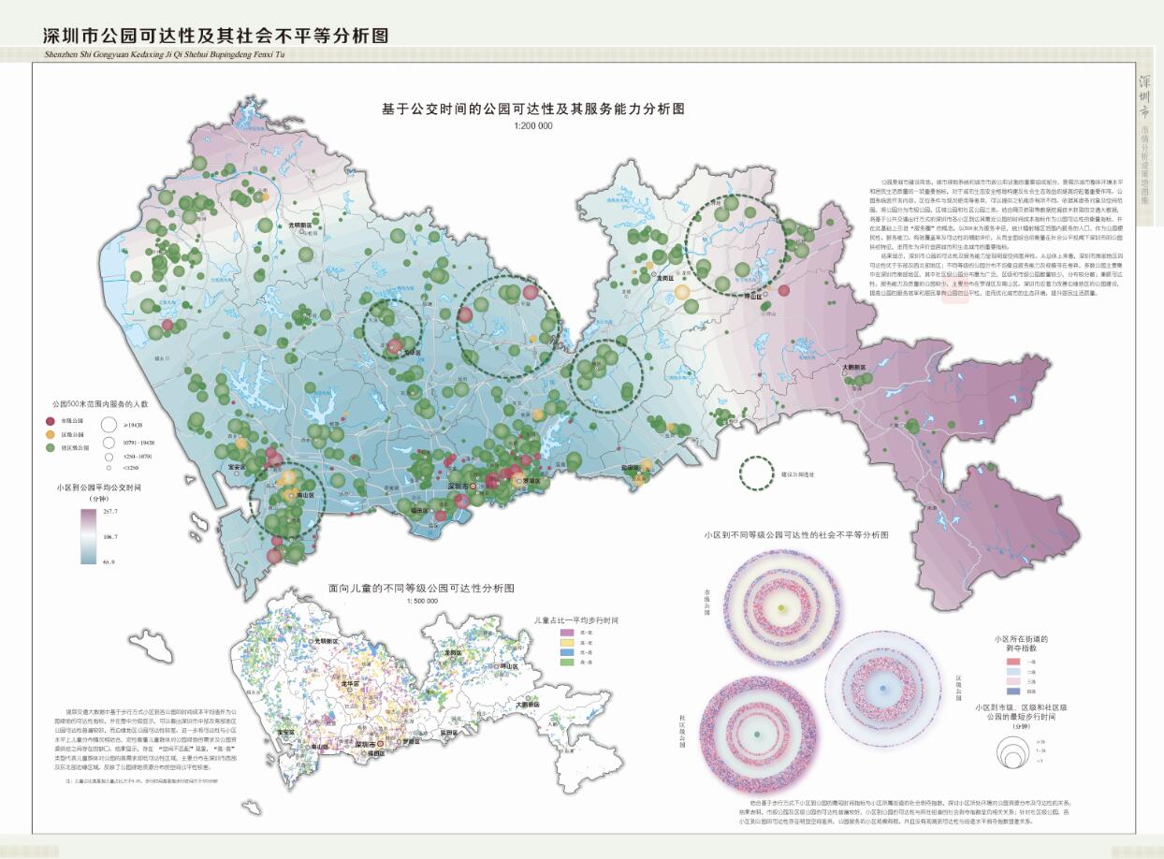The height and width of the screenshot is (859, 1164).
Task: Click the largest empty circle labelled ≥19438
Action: click(109, 425)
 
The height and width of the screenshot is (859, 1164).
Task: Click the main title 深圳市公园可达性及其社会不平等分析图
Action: click(215, 36)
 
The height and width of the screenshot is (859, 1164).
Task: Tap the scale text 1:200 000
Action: click(532, 125)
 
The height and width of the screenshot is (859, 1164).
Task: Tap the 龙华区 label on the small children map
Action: click(352, 684)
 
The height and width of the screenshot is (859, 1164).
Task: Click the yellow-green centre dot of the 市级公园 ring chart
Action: click(781, 609)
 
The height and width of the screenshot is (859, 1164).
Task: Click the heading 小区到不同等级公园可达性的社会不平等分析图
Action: click(795, 535)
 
